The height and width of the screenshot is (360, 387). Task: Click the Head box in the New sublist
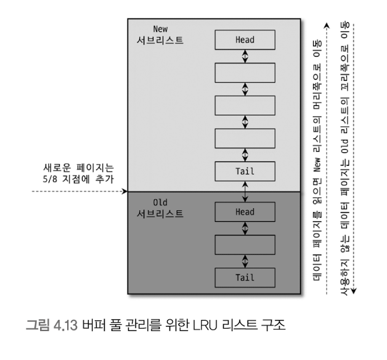245,40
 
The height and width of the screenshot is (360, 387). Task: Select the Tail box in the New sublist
245,171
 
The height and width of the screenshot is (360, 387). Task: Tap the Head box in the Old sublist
245,212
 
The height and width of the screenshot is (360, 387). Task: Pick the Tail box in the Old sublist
245,277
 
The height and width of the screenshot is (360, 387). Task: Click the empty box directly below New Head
245,73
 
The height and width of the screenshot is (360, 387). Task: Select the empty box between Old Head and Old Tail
245,245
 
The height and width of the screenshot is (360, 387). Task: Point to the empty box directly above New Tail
245,139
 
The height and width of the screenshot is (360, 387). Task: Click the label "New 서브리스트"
160,35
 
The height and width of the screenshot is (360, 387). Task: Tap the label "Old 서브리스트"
160,208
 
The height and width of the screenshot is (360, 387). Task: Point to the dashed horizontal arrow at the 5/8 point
74,192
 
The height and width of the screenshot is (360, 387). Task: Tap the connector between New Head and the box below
245,56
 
